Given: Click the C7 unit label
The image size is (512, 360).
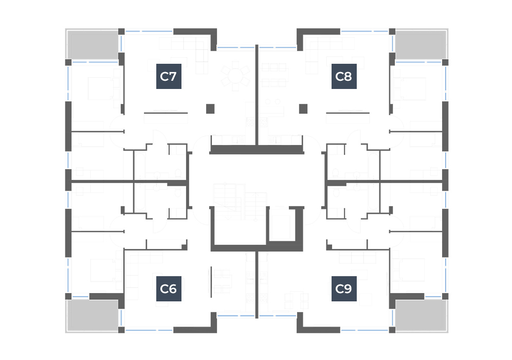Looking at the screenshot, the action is tap(169, 77).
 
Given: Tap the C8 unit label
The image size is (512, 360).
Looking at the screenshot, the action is tap(344, 77).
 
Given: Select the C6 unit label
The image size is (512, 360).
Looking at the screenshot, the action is tap(169, 289).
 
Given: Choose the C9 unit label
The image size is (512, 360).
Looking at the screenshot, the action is tap(344, 289).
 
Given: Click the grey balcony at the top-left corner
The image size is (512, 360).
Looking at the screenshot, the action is tap(93, 45).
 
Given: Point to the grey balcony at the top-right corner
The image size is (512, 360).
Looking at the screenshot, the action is tap(421, 45).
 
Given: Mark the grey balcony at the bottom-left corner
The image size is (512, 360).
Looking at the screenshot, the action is tap(93, 316).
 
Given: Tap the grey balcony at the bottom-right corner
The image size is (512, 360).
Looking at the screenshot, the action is tap(421, 316).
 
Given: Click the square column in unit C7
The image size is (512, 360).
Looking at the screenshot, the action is tap(210, 109).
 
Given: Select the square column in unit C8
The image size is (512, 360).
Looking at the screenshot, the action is tap(303, 109).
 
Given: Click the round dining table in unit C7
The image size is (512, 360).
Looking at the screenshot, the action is tap(235, 77).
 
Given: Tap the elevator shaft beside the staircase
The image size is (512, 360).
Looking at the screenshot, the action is tap(281, 225).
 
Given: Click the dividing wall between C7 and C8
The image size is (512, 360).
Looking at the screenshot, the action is tap(257, 95).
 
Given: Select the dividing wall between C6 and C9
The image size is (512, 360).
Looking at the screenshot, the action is tap(257, 285).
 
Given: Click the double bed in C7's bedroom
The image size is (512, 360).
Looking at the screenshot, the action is tap(101, 88).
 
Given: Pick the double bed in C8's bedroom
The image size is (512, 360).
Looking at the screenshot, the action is tap(413, 88).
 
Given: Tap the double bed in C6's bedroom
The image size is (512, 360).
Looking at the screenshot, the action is tap(102, 270).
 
